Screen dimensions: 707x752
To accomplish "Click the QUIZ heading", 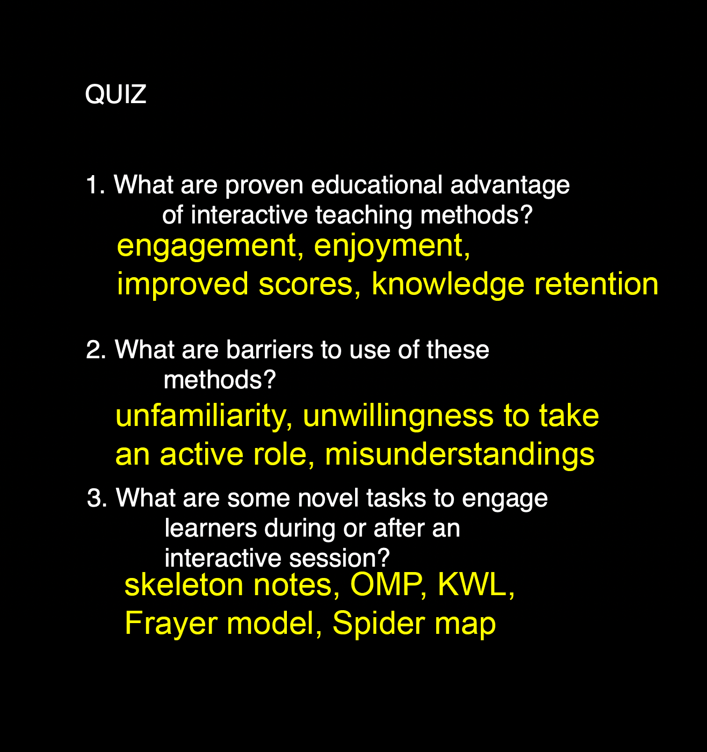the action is point(116,95).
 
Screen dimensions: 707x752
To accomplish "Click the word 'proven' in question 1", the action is point(264,186).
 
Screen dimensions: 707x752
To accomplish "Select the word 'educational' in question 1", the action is point(377,184).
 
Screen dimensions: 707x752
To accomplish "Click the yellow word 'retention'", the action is point(596,284).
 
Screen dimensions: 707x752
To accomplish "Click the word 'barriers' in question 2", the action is point(269,349).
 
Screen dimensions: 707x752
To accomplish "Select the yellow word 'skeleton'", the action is point(184,585).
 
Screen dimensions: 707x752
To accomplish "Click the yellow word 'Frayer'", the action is point(171,625).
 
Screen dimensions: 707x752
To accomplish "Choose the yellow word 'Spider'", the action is point(379,625).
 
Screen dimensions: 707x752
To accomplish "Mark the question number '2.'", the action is point(96,350).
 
